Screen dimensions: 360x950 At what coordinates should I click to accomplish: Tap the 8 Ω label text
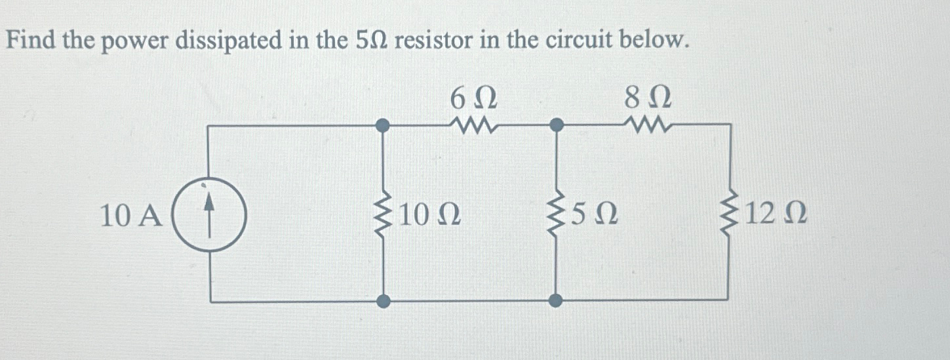pyautogui.click(x=647, y=98)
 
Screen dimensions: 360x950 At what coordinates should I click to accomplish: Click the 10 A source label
pyautogui.click(x=130, y=216)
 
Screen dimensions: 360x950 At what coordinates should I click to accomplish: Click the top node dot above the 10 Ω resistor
pyautogui.click(x=385, y=124)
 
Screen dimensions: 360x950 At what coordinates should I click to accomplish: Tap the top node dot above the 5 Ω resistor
pyautogui.click(x=556, y=124)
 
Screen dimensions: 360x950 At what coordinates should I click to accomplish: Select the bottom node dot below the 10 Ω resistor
pyautogui.click(x=385, y=301)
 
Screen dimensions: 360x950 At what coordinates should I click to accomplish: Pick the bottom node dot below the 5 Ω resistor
pyautogui.click(x=556, y=301)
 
